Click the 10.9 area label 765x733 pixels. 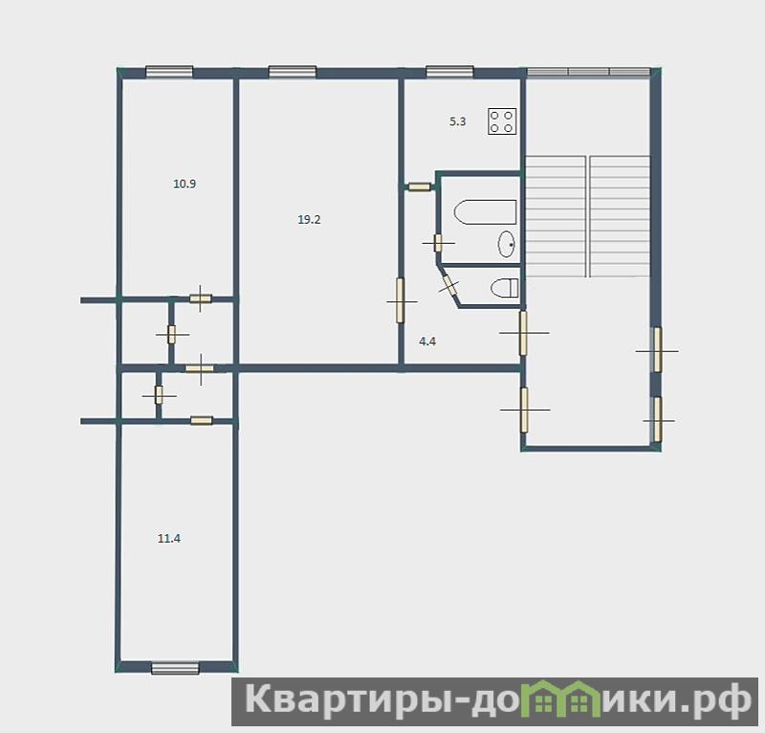pyautogui.click(x=185, y=184)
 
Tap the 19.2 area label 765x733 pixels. pyautogui.click(x=309, y=220)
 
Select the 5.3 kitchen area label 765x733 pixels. pyautogui.click(x=458, y=122)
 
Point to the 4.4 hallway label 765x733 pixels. pyautogui.click(x=427, y=342)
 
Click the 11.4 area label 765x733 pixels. pyautogui.click(x=169, y=539)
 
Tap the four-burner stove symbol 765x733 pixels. pyautogui.click(x=502, y=122)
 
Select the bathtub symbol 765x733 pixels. pyautogui.click(x=485, y=211)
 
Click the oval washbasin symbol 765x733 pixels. pyautogui.click(x=507, y=244)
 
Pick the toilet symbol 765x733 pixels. pyautogui.click(x=505, y=288)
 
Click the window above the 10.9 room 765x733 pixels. pyautogui.click(x=169, y=72)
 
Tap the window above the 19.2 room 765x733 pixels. pyautogui.click(x=293, y=72)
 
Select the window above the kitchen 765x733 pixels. pyautogui.click(x=449, y=72)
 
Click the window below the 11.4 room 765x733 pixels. pyautogui.click(x=175, y=668)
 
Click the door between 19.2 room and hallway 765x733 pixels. pyautogui.click(x=401, y=300)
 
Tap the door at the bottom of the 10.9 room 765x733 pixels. pyautogui.click(x=201, y=299)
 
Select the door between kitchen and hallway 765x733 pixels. pyautogui.click(x=420, y=187)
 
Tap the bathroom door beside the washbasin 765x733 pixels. pyautogui.click(x=438, y=243)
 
